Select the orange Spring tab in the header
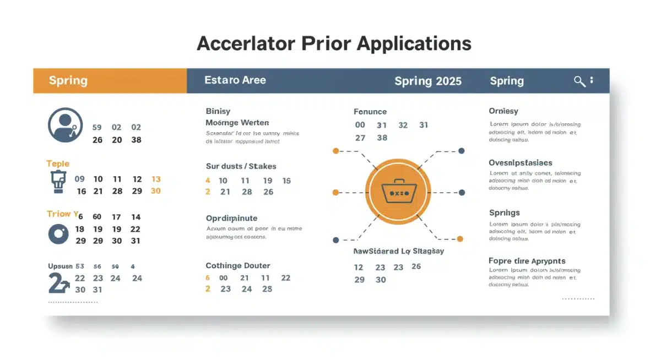coord(68,81)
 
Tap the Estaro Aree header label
coord(235,80)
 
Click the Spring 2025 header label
coord(428,81)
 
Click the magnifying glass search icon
coord(579,81)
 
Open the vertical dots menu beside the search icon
coord(592,80)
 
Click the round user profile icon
coord(65,125)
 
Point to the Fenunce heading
coord(370,112)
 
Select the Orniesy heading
coord(503,111)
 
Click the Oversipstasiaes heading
coord(521,163)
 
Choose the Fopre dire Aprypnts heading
coord(527,261)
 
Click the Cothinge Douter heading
coord(238,265)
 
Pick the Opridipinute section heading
coord(231,219)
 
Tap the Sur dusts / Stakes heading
coord(241,166)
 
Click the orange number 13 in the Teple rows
coord(156,179)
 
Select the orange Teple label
coord(58,163)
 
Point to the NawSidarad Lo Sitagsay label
coord(398,251)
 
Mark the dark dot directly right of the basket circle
coord(462,193)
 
